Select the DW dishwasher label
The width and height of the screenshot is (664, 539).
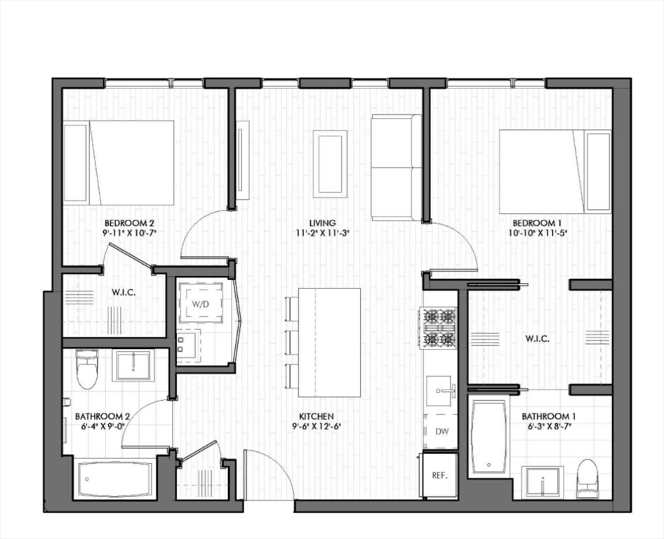pos(442,432)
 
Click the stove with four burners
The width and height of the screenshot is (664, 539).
pos(439,328)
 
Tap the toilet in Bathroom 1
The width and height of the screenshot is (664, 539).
pos(586,479)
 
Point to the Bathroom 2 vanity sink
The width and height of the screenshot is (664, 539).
pos(133,365)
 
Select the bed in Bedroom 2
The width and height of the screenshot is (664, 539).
pos(119,163)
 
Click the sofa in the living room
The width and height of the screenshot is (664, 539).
pos(396,167)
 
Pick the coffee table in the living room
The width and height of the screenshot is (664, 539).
pos(329,163)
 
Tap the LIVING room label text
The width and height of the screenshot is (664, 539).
pos(325,223)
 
